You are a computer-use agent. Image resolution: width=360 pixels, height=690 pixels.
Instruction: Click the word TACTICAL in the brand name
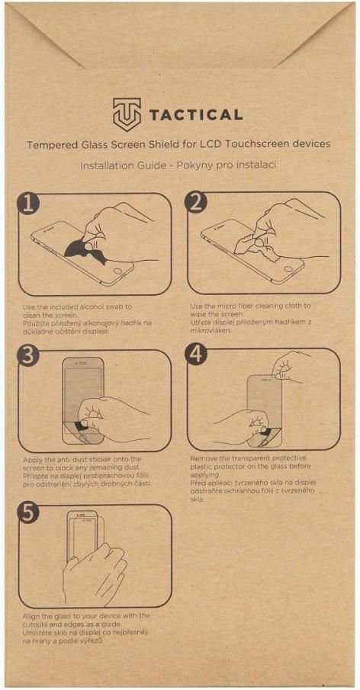pyautogui.click(x=196, y=116)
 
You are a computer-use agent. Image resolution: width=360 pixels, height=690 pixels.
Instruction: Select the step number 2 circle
pyautogui.click(x=196, y=203)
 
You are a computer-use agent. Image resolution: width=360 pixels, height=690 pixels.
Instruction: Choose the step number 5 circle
pyautogui.click(x=29, y=513)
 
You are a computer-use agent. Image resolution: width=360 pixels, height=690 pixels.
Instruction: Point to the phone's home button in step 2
pyautogui.click(x=288, y=269)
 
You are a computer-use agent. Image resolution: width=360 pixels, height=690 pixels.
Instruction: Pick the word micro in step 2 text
pyautogui.click(x=225, y=306)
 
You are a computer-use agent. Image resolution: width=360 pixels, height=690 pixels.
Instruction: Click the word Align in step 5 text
pyautogui.click(x=31, y=616)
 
